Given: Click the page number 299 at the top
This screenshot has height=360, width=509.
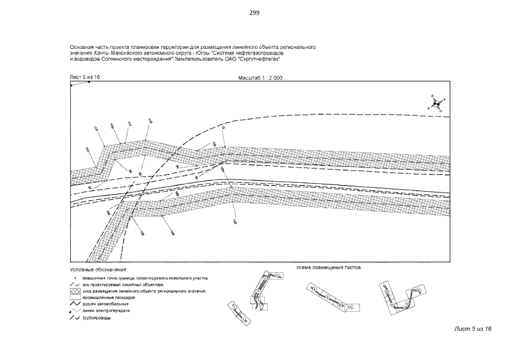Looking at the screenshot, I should point(254,12).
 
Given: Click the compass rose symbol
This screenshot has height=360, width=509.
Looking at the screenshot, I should point(436,103).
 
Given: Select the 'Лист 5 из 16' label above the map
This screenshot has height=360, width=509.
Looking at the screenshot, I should point(84,76).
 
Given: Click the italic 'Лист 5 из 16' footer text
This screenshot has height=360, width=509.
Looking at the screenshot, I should point(473,328).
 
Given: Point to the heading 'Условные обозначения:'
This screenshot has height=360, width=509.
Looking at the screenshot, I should point(99,270).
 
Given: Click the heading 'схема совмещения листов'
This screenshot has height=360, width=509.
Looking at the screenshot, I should point(328,268).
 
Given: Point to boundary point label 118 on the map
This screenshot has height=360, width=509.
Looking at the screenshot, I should point(150,120).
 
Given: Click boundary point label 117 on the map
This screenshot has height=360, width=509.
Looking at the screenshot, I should point(129,123).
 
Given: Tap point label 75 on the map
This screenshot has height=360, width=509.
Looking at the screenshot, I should point(223,128).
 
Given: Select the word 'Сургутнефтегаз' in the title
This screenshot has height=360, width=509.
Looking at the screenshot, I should point(261,58).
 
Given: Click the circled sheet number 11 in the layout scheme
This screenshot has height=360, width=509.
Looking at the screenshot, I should point(349,307).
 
